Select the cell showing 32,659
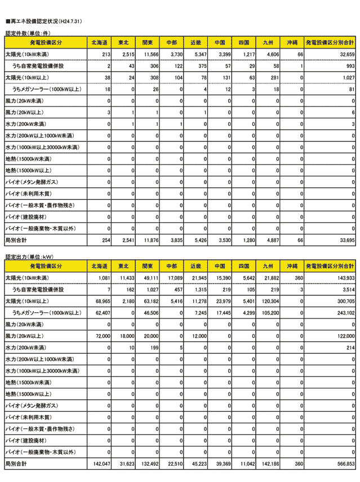coord(344,54)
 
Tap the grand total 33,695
coord(344,240)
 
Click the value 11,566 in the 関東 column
coord(150,54)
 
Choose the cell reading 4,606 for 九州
coord(272,54)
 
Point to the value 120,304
coord(269,302)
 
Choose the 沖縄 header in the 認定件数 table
coord(292,43)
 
